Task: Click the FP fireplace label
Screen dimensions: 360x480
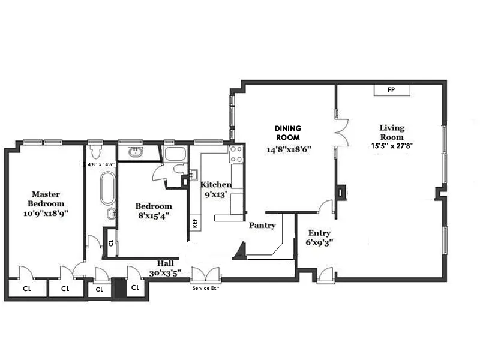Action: tap(391, 90)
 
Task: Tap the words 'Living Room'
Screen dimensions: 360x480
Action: tap(392, 132)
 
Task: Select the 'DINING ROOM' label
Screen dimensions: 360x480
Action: tap(287, 133)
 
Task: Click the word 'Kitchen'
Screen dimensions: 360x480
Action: tap(216, 184)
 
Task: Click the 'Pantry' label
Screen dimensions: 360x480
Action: tap(262, 226)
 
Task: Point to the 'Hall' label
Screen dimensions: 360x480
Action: tap(166, 263)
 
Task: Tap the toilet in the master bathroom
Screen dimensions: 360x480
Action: tap(95, 149)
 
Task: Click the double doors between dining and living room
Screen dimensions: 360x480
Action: tap(341, 131)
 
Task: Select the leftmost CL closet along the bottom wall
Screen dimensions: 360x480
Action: tap(27, 289)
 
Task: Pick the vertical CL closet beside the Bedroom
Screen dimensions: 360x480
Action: tap(110, 244)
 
